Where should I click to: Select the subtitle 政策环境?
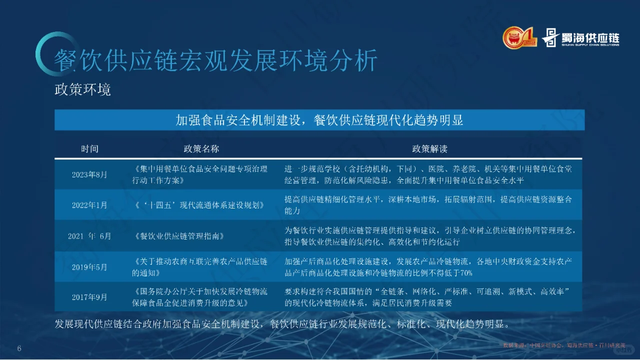point(82,90)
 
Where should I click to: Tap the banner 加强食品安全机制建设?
point(319,120)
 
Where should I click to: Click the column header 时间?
point(89,149)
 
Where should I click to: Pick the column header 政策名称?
point(201,149)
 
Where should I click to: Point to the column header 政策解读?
point(429,149)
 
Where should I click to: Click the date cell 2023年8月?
point(89,174)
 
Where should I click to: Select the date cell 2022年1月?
point(89,205)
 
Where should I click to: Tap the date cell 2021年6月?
point(89,236)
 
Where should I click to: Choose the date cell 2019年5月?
point(89,267)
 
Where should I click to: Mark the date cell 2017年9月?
point(89,297)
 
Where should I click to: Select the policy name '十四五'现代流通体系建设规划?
point(198,205)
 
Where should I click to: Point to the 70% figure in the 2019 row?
point(465,273)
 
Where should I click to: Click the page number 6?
point(19,348)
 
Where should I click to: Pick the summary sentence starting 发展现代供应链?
point(282,323)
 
